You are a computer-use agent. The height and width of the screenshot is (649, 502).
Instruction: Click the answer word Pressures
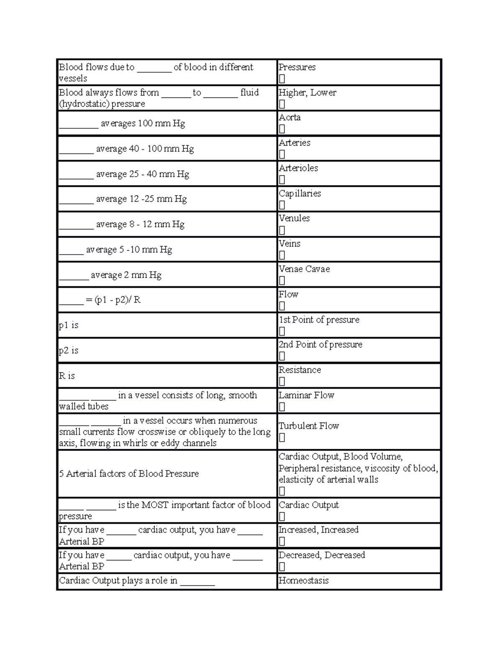point(297,67)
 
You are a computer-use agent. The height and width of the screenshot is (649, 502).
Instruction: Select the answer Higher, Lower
point(307,93)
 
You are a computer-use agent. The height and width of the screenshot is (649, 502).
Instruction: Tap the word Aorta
point(289,117)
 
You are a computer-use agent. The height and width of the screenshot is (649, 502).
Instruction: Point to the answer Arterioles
point(298,168)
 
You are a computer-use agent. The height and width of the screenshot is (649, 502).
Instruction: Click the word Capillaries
point(300,193)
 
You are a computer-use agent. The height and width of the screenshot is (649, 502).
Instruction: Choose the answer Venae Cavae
point(304,269)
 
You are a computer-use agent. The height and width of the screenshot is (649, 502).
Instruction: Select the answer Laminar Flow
point(306,395)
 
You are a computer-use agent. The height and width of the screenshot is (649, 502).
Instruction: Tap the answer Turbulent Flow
point(309,426)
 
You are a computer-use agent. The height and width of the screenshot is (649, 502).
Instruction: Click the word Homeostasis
point(304,580)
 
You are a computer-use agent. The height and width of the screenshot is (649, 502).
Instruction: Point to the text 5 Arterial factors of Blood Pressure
point(129,473)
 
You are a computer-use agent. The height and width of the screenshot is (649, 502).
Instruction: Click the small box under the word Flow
point(282,306)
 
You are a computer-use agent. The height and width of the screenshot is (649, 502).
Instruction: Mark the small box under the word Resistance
point(282,381)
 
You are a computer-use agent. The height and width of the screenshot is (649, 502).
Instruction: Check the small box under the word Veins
point(282,255)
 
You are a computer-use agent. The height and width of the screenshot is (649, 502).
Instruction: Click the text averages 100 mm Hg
point(143,124)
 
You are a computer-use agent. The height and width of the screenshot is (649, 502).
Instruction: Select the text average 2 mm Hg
point(126,275)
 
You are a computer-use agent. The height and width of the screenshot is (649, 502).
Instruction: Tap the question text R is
point(67,376)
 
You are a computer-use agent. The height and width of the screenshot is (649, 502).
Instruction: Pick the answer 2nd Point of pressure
point(320,345)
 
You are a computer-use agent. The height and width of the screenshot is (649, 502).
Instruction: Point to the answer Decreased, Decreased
point(322,555)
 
